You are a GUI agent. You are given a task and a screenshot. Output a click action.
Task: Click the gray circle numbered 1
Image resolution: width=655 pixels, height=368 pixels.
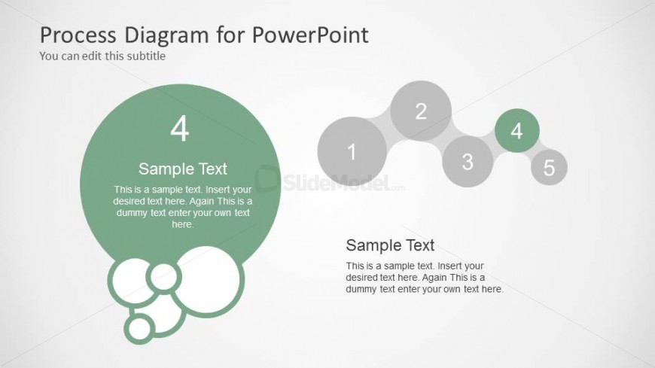coord(352,151)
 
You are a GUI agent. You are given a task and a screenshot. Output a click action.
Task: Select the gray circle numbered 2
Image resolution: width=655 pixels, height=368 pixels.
coord(421,111)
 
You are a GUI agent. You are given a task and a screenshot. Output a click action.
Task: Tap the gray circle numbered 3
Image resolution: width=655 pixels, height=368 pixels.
coord(468,161)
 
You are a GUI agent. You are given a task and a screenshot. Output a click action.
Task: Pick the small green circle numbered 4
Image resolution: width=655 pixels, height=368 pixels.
coord(517,131)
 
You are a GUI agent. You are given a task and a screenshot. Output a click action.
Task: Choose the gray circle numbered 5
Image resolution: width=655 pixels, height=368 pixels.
coord(549,167)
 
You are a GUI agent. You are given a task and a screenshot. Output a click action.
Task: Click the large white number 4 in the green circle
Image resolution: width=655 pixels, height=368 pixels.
coord(180,129)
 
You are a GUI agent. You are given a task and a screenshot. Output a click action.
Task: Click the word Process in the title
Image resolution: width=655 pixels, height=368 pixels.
coord(78,35)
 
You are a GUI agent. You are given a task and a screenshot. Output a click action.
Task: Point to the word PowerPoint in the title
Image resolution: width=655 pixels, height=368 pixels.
coord(310,35)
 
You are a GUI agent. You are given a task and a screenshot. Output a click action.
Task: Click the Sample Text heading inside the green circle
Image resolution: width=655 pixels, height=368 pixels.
coord(182,169)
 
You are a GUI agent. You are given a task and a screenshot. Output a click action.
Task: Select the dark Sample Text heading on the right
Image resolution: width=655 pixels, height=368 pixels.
coord(390,245)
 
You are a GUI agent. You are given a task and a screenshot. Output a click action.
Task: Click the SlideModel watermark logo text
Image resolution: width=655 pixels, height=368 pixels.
coord(337,182)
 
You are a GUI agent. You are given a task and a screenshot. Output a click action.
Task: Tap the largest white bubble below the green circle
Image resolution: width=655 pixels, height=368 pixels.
coord(208,280)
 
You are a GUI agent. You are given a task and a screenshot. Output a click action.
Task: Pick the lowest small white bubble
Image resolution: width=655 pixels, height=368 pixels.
coord(139,328)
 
